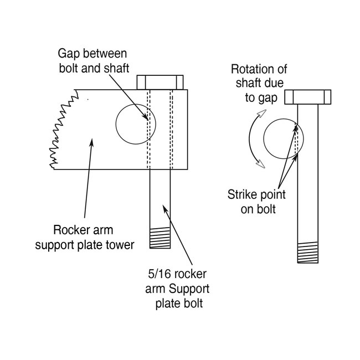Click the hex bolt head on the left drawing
coord(160,83)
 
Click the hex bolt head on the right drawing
coord(308,97)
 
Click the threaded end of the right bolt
coord(308,253)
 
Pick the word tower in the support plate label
coord(120,244)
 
